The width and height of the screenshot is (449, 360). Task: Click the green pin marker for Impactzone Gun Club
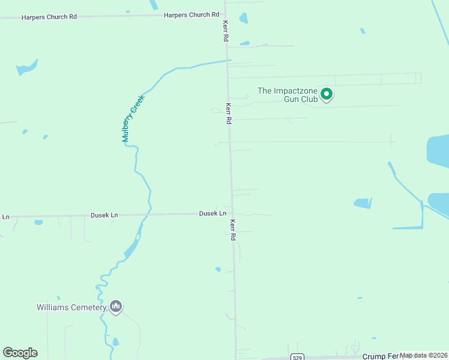click(327, 94)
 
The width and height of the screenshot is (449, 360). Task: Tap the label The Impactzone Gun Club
click(288, 95)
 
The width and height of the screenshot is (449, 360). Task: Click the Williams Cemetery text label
click(71, 308)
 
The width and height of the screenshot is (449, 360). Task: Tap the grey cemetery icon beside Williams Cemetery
click(116, 307)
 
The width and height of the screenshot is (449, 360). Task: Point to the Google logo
click(20, 353)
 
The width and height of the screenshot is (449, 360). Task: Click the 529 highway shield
click(297, 357)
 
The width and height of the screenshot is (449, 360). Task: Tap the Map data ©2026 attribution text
click(424, 355)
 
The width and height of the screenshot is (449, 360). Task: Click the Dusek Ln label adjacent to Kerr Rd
click(212, 214)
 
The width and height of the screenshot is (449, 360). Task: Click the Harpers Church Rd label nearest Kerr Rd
click(191, 14)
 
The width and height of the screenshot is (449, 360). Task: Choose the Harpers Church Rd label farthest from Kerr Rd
click(49, 17)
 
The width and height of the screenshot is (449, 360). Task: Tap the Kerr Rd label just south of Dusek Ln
click(232, 229)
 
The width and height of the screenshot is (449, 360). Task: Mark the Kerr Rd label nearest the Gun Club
click(228, 112)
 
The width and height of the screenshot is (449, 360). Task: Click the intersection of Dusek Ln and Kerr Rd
click(231, 214)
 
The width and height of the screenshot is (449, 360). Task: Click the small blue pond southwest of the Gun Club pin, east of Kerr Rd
click(244, 43)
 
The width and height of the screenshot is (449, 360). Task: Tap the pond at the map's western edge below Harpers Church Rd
click(27, 67)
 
